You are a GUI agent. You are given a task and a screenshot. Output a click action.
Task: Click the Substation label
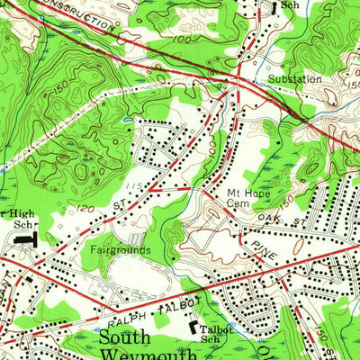294,79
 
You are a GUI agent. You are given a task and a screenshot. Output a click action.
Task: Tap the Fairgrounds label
120,249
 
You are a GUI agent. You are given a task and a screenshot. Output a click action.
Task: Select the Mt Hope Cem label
248,198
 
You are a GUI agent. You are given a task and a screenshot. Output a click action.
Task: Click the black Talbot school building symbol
192,332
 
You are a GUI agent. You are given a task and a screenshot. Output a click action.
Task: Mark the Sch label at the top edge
290,5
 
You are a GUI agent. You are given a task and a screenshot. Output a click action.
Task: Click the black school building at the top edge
274,4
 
